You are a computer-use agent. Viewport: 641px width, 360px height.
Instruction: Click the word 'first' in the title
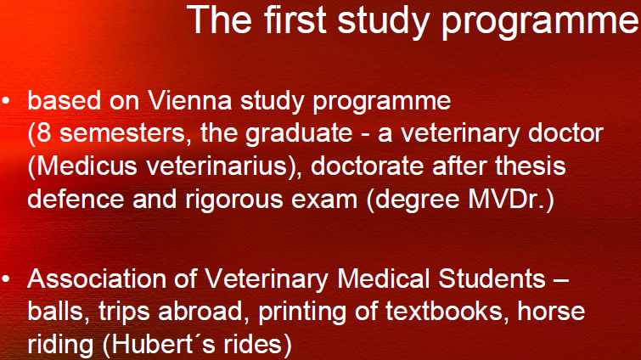[x=295, y=20]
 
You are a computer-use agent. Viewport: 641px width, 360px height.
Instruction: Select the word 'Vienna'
[x=189, y=100]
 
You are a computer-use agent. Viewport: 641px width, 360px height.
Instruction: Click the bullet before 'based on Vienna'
[x=6, y=100]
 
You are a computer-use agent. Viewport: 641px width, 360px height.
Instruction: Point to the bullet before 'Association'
[x=6, y=278]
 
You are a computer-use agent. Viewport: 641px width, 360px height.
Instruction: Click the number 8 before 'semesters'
[x=44, y=133]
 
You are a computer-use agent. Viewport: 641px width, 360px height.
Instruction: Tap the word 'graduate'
[x=298, y=134]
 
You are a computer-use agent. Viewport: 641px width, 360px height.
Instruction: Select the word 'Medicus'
[x=87, y=166]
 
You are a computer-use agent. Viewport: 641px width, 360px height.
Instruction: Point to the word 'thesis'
[x=531, y=166]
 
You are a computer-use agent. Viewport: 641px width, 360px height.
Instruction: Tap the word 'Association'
[x=97, y=278]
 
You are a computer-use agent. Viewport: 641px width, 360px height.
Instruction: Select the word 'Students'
[x=492, y=278]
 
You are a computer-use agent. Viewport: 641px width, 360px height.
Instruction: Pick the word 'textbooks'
[x=444, y=311]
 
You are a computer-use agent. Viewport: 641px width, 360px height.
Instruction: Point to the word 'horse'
[x=552, y=311]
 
